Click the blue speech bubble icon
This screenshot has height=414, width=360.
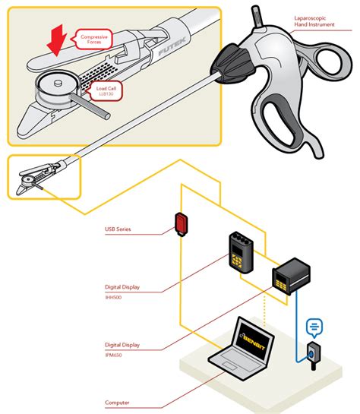312,327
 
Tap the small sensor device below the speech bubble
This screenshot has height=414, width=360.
313,353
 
